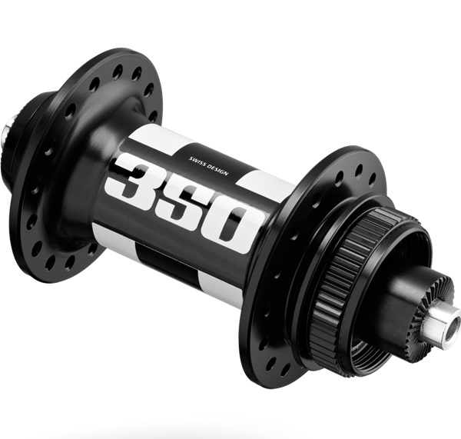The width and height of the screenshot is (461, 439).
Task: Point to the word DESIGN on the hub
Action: tap(218, 170)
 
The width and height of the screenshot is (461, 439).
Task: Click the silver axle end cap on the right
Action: tap(440, 320)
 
